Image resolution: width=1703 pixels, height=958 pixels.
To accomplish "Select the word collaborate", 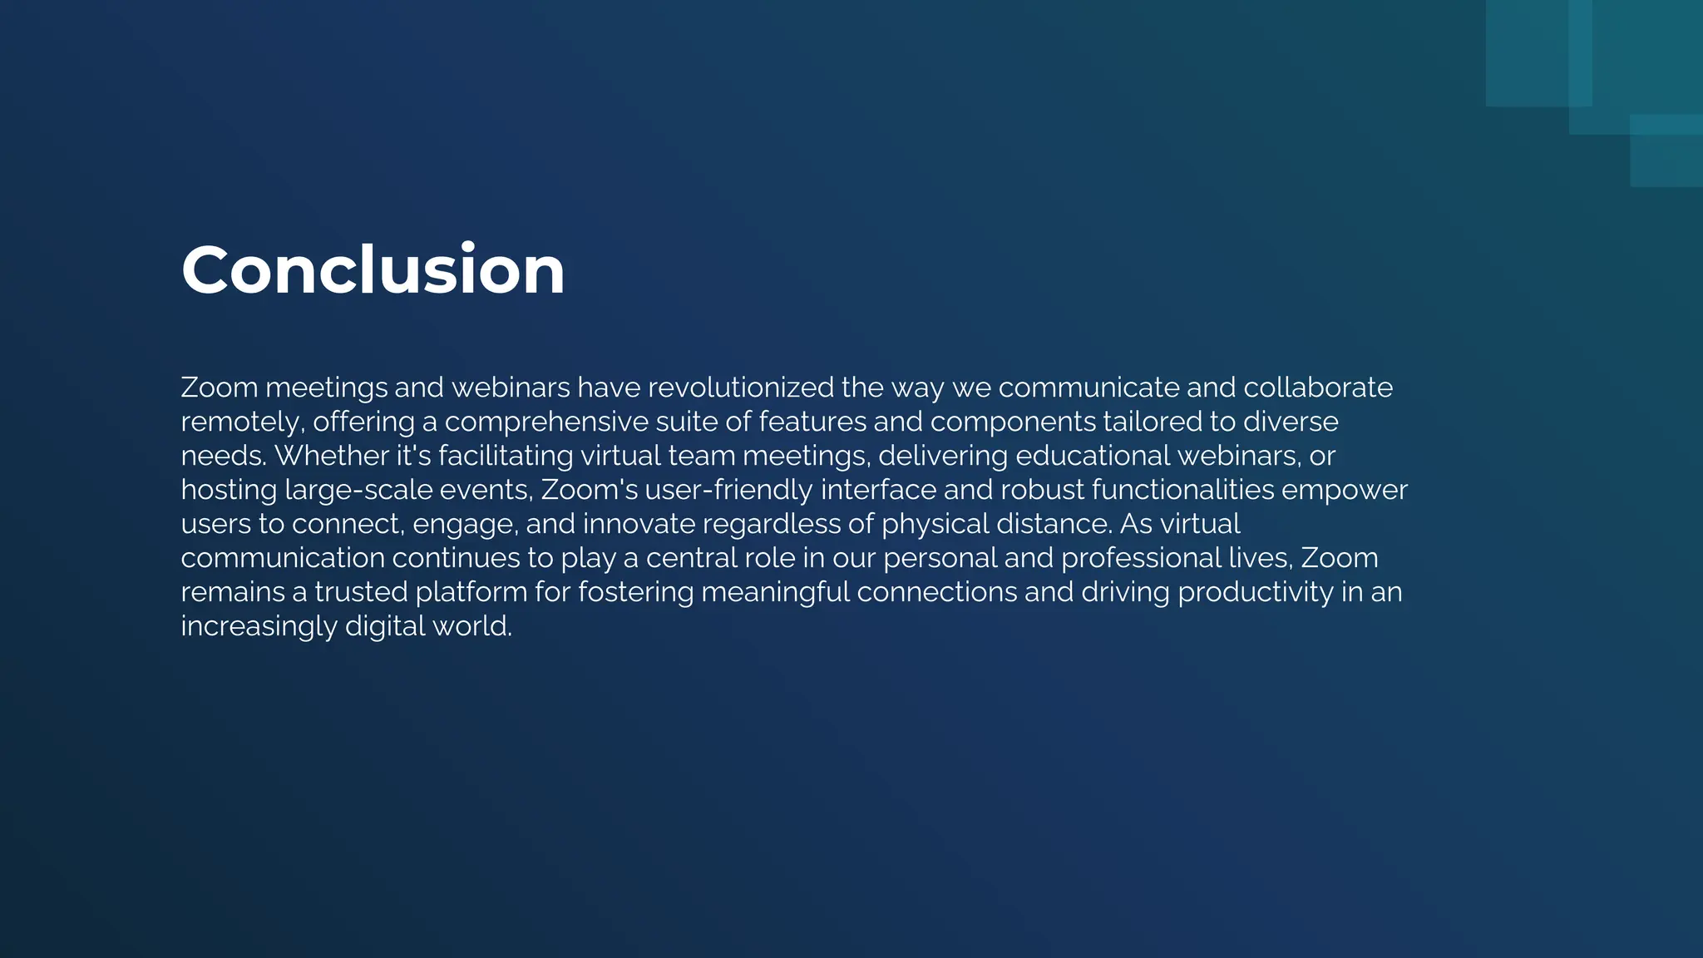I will click(x=1318, y=388).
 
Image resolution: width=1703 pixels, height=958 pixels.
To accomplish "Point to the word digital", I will click(x=383, y=626).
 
